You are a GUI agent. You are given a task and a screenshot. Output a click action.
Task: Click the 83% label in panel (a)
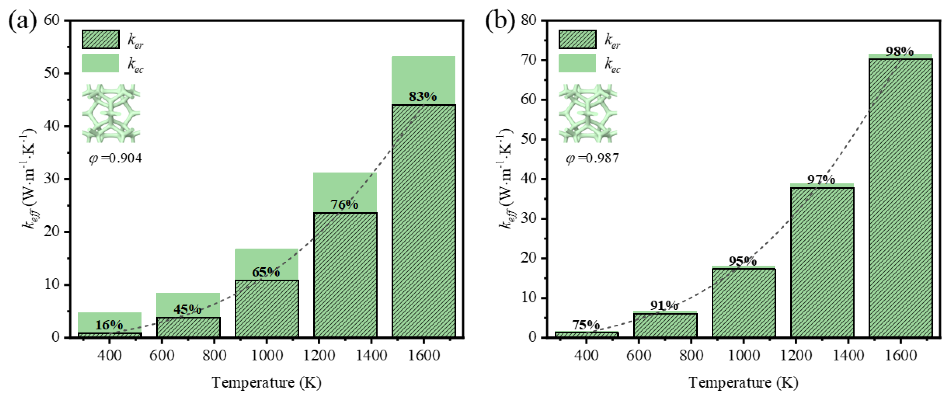(x=423, y=97)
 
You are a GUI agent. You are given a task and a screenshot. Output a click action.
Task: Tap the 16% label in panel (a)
(x=109, y=325)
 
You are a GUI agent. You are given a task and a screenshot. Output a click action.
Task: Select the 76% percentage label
(x=344, y=204)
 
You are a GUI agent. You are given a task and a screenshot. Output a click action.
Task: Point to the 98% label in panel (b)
(x=900, y=52)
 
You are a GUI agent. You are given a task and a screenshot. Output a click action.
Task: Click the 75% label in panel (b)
(x=586, y=325)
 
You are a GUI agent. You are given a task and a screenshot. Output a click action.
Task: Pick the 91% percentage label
(x=664, y=306)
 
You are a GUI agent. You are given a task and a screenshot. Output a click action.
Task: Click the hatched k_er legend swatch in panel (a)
(x=101, y=39)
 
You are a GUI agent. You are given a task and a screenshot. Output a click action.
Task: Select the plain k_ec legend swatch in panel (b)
(x=577, y=63)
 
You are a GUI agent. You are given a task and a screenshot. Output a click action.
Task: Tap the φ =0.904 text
(x=115, y=159)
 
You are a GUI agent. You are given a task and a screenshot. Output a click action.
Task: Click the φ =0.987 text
(x=592, y=159)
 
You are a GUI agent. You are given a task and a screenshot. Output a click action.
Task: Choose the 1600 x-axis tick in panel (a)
(x=424, y=355)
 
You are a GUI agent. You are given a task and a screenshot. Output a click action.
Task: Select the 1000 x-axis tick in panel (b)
(x=743, y=355)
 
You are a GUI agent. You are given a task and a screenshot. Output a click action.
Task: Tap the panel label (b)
(x=500, y=21)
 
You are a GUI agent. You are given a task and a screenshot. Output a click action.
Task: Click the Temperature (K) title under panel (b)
(x=743, y=383)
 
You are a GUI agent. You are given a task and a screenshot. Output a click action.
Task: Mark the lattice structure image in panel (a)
(x=111, y=114)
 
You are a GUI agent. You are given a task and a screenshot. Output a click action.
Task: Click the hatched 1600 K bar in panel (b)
(x=900, y=199)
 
